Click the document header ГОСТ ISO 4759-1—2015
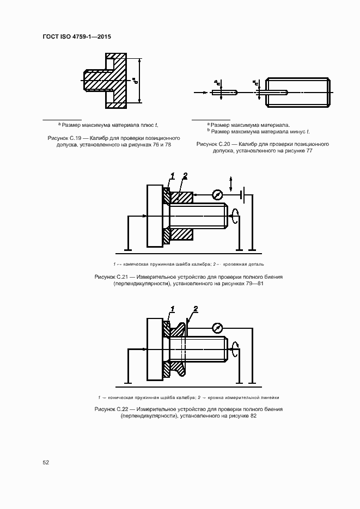click(80, 36)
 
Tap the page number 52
click(46, 462)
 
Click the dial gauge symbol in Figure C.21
click(217, 194)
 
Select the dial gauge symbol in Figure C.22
click(217, 328)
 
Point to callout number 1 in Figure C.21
click(172, 176)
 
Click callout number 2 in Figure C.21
click(185, 175)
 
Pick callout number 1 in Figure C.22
click(172, 309)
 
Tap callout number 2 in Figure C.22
click(195, 309)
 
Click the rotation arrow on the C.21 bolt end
click(235, 216)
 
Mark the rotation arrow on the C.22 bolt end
click(235, 349)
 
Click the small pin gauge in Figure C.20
click(224, 93)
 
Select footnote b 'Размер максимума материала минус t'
click(259, 131)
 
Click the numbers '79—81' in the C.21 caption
click(252, 284)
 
